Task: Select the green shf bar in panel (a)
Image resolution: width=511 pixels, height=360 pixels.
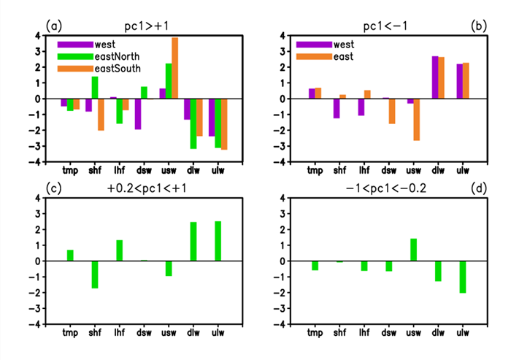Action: (95, 88)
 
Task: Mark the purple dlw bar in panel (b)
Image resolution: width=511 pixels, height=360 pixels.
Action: (435, 77)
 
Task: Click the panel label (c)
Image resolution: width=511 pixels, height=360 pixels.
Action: (53, 188)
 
